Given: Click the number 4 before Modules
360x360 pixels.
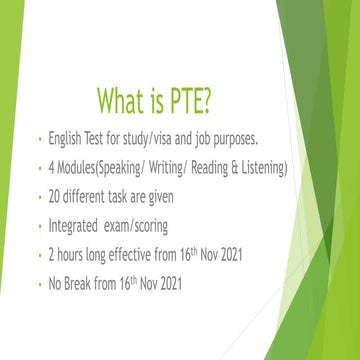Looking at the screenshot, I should [x=52, y=168].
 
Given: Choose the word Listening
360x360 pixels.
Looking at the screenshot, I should [x=259, y=168].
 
